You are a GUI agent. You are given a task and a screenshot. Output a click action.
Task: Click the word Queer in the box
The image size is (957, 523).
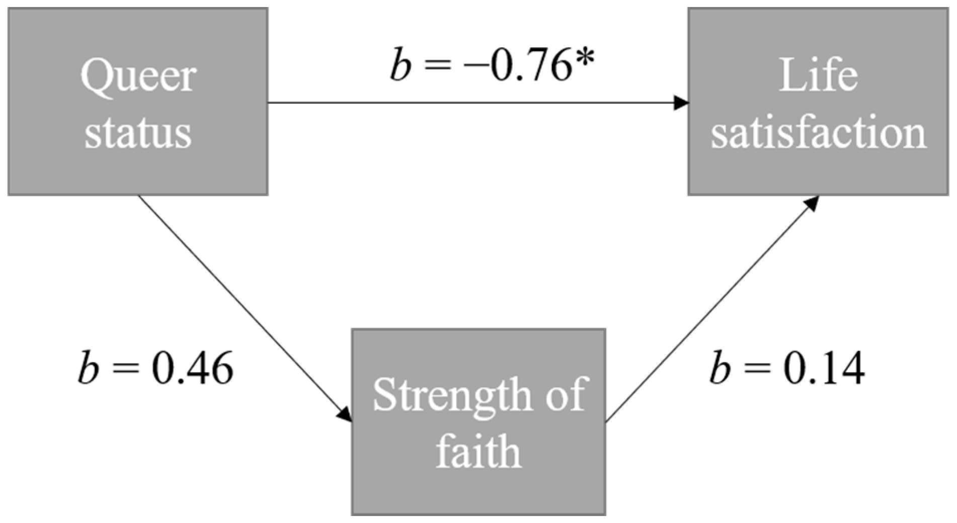tap(138, 75)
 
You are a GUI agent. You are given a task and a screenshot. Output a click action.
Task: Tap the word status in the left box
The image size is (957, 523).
tap(138, 133)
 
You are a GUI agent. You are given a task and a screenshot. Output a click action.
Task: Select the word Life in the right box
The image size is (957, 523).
tap(818, 75)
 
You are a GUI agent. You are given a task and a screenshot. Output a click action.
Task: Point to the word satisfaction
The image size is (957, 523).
tap(818, 133)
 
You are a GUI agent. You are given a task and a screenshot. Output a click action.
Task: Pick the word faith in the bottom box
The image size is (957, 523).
tap(478, 451)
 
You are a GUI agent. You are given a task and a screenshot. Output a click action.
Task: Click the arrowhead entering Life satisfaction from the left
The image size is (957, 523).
tap(681, 103)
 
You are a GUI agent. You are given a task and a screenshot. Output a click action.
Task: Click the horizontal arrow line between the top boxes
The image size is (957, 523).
tap(473, 103)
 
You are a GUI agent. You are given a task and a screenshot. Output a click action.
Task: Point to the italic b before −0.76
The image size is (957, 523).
tap(400, 67)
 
